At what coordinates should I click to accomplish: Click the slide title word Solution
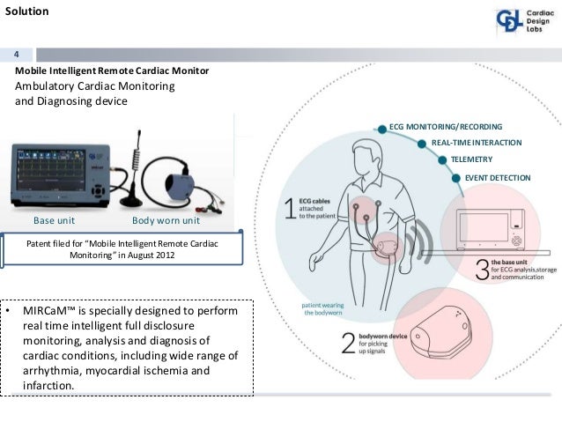click(x=26, y=12)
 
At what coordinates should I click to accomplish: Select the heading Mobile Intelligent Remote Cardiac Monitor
click(x=112, y=70)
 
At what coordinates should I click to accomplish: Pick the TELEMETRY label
click(x=470, y=159)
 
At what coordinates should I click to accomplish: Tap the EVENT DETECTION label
click(x=498, y=177)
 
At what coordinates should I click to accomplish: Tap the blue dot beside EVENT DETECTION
click(x=455, y=177)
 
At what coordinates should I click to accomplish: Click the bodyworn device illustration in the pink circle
click(x=436, y=326)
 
